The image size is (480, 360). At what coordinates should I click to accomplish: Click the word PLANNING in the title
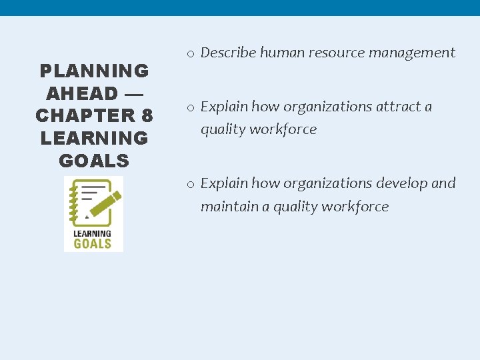tap(94, 71)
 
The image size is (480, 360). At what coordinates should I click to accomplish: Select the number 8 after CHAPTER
tap(147, 116)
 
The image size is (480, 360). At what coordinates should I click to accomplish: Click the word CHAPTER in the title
tap(85, 116)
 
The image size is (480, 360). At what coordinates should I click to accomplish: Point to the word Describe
tap(228, 53)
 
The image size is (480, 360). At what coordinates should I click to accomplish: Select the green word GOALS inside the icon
tap(93, 243)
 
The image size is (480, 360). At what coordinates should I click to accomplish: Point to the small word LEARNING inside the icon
tap(92, 233)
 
